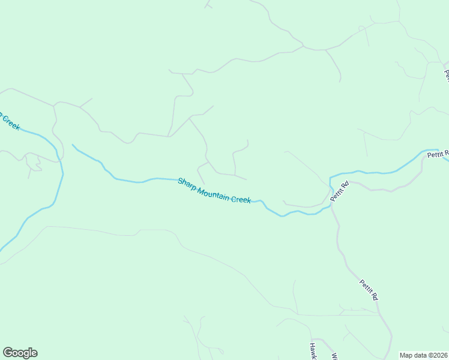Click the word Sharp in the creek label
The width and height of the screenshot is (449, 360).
(x=187, y=183)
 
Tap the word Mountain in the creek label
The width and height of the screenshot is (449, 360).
(x=213, y=192)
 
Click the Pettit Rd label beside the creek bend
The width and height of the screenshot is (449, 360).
(x=339, y=191)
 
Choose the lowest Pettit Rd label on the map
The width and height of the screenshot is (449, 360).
(x=369, y=290)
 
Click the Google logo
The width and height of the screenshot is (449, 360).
(x=20, y=353)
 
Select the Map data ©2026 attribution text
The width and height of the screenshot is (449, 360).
(x=424, y=355)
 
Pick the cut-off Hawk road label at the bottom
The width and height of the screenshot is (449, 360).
(x=313, y=350)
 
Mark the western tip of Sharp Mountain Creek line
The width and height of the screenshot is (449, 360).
(x=73, y=145)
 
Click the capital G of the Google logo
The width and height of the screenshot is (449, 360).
(x=8, y=352)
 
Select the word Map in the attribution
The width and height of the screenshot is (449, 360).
(x=406, y=355)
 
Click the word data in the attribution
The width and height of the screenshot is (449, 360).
(x=420, y=355)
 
